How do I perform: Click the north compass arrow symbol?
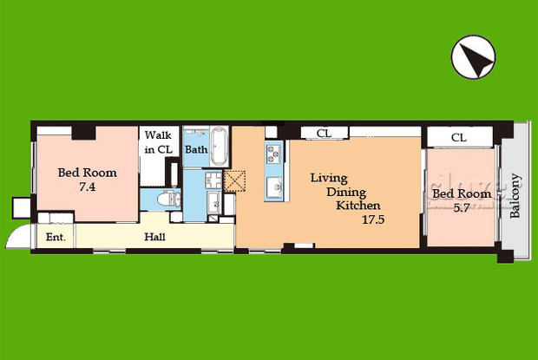pyautogui.click(x=473, y=57)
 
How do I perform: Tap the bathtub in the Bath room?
pyautogui.click(x=219, y=147)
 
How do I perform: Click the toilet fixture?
pyautogui.click(x=168, y=199)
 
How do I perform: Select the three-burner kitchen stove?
pyautogui.click(x=274, y=154)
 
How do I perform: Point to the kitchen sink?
pyautogui.click(x=274, y=187)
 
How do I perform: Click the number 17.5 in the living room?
pyautogui.click(x=373, y=219)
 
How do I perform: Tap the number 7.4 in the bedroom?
pyautogui.click(x=87, y=187)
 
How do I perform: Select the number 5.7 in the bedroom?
pyautogui.click(x=461, y=208)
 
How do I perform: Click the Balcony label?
pyautogui.click(x=515, y=196)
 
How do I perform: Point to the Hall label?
pyautogui.click(x=154, y=237)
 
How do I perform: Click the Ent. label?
pyautogui.click(x=56, y=237)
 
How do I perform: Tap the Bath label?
pyautogui.click(x=196, y=149)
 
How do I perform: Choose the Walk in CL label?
pyautogui.click(x=158, y=142)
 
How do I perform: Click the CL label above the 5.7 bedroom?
pyautogui.click(x=459, y=138)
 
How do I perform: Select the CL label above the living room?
pyautogui.click(x=324, y=133)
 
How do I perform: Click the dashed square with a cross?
pyautogui.click(x=234, y=181)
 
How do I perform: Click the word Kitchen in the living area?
pyautogui.click(x=358, y=206)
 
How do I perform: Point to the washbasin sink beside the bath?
pyautogui.click(x=213, y=180)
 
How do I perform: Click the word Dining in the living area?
pyautogui.click(x=346, y=193)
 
